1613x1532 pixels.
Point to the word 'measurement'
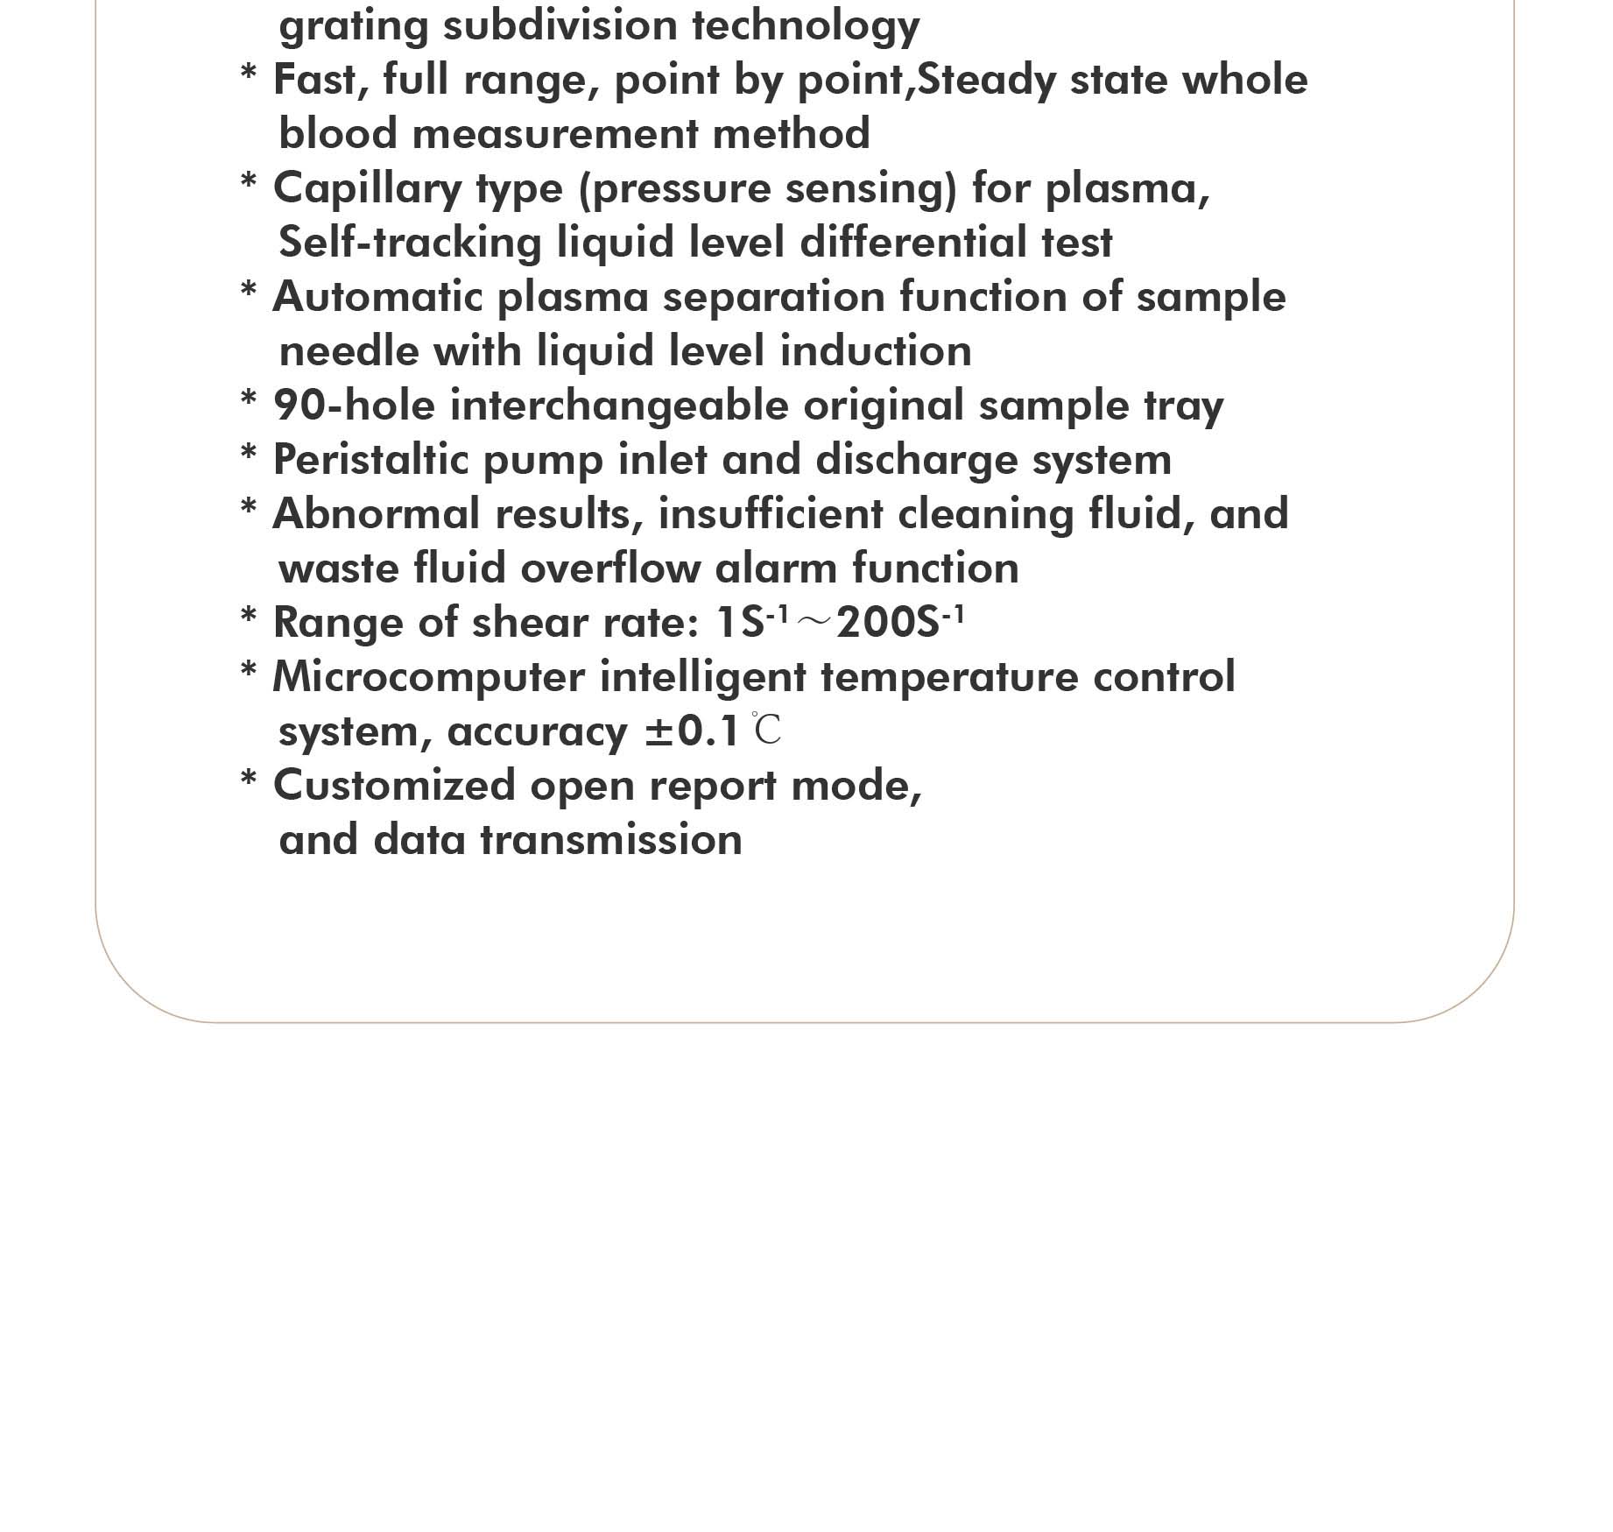point(554,134)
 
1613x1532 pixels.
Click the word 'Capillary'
point(367,189)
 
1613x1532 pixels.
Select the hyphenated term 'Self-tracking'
point(410,243)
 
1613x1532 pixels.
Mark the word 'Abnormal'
point(377,514)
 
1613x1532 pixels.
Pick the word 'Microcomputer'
point(428,677)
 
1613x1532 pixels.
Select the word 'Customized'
point(394,786)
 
